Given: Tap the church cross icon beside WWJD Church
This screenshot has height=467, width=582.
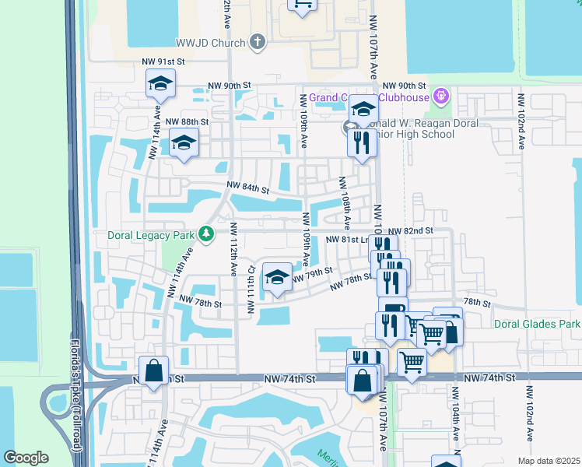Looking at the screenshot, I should [258, 42].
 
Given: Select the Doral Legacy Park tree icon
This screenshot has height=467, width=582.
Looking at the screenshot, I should [206, 233].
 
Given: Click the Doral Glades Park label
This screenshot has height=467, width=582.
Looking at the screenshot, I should [538, 323].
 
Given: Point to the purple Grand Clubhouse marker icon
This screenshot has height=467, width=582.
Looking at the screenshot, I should [442, 97].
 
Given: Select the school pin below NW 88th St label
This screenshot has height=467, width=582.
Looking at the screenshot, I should [184, 142].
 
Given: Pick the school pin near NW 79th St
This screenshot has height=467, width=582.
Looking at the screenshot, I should [278, 278].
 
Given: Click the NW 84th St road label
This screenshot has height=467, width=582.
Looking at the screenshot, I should [247, 188].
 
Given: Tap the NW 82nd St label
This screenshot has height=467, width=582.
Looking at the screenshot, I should [411, 231].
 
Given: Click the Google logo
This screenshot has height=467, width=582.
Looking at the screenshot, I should [26, 458].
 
